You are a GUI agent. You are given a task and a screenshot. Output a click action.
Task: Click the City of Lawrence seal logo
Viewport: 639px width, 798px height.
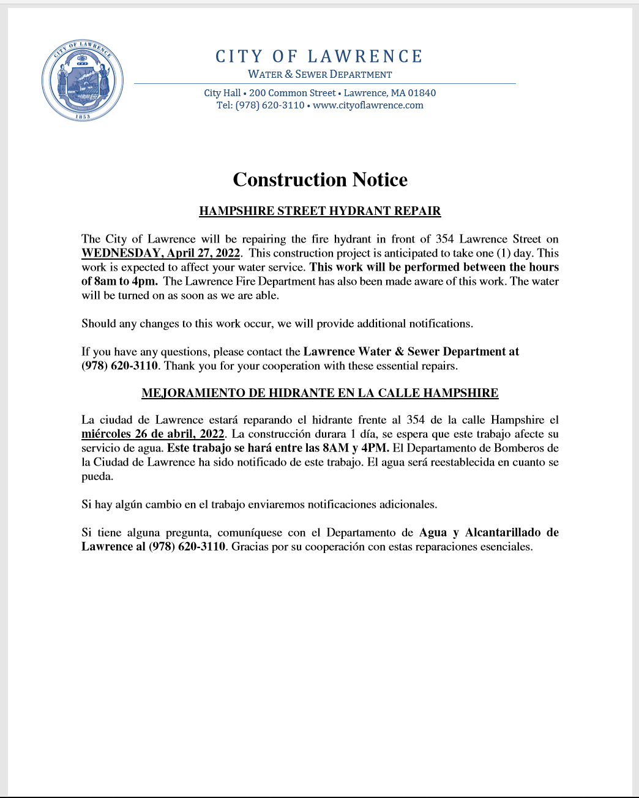(x=83, y=81)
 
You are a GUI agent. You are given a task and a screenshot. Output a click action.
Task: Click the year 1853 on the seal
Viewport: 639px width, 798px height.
(x=83, y=116)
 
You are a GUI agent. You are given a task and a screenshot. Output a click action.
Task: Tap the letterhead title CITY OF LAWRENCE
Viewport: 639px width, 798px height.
(x=319, y=57)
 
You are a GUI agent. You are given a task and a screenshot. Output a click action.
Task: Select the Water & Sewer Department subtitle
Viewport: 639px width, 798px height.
(x=319, y=75)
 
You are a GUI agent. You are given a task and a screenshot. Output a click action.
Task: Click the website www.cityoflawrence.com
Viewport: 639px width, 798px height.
(x=368, y=105)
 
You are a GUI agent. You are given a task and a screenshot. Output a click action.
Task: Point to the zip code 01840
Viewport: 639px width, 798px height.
(x=422, y=93)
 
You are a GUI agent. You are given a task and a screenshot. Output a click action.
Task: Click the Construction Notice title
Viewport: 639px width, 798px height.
(x=320, y=180)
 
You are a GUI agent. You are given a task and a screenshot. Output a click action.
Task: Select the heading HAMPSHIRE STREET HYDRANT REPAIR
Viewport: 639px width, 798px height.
(x=319, y=211)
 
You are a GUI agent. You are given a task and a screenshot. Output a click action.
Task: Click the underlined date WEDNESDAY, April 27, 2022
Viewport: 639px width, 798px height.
(x=161, y=254)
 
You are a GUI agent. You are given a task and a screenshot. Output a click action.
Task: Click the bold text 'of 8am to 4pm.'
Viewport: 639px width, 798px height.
(x=120, y=282)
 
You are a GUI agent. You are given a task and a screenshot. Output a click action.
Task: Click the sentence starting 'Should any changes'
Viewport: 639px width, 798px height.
(x=277, y=324)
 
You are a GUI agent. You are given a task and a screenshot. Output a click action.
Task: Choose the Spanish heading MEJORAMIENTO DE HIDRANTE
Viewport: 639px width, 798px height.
(x=319, y=393)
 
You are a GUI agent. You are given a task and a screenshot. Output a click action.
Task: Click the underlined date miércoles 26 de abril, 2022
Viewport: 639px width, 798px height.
(x=153, y=434)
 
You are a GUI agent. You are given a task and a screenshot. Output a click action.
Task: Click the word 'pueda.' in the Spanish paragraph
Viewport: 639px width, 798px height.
(x=97, y=476)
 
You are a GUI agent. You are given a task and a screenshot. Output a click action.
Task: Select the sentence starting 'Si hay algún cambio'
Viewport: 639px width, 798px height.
(x=260, y=505)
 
